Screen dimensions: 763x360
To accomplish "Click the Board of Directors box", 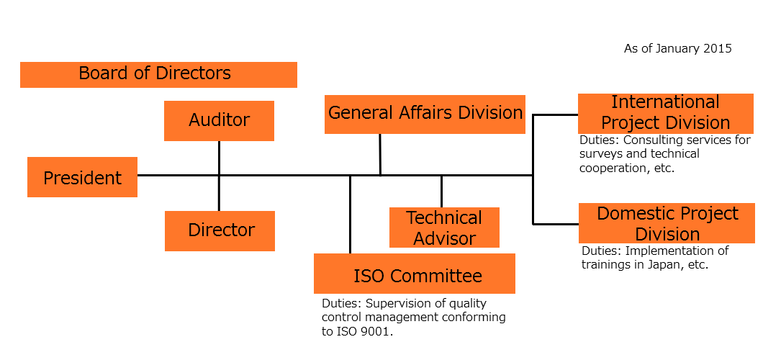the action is [x=158, y=74].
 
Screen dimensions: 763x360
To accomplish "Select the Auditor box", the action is [x=219, y=121].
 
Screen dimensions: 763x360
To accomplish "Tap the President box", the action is [x=82, y=177].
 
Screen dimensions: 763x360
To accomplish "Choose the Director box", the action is [x=220, y=231].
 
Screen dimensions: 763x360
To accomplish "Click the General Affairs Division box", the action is [x=425, y=114].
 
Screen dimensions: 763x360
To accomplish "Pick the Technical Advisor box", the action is [x=444, y=228].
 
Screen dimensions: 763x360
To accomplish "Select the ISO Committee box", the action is [x=415, y=274].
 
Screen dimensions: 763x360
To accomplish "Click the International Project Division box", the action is [x=666, y=113].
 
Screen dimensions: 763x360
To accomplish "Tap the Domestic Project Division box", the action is [x=667, y=223].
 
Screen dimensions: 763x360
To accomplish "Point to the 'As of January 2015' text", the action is [x=678, y=49].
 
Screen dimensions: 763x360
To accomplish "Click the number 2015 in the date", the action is [x=718, y=49].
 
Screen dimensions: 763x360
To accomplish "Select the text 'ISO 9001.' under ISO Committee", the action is [x=364, y=332].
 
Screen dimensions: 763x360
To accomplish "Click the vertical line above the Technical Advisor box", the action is [x=441, y=192].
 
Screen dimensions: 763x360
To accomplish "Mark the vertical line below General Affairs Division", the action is [x=380, y=154].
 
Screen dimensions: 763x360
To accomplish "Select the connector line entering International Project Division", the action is [x=556, y=114].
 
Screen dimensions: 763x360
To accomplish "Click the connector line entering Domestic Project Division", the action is [x=556, y=224].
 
